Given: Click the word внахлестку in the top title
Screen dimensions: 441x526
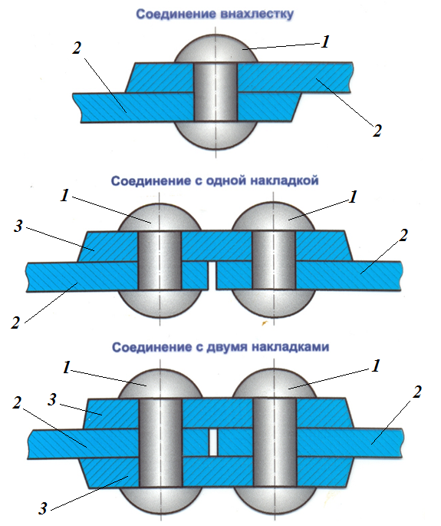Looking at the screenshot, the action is [257, 15].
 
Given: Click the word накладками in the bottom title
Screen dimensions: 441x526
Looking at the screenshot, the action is [290, 346].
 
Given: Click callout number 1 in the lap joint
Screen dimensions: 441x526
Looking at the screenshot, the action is [324, 42].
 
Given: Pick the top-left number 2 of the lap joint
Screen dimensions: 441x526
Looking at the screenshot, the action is [77, 48].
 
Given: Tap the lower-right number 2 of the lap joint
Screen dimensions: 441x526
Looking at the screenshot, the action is [377, 131].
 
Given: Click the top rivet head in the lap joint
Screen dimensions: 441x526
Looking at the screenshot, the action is [216, 48].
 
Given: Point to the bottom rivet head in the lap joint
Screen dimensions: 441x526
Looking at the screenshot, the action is [216, 135].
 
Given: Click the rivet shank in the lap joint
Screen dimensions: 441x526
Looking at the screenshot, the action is [216, 92].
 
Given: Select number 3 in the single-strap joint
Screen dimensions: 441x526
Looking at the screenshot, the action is [18, 226].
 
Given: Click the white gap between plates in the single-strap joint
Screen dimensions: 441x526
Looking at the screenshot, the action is [211, 276].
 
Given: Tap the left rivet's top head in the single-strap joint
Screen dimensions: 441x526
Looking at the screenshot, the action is [160, 217].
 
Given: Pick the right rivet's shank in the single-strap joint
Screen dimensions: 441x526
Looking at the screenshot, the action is [274, 260].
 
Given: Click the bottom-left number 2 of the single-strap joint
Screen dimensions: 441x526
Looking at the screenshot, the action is [15, 323].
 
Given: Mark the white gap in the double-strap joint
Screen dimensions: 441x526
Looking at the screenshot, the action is [213, 442].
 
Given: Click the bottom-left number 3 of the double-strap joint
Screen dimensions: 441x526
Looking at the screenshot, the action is [42, 508].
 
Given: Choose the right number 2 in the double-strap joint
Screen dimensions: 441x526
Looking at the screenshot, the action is [416, 392].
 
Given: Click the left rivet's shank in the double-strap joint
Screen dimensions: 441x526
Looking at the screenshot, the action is [160, 443].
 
